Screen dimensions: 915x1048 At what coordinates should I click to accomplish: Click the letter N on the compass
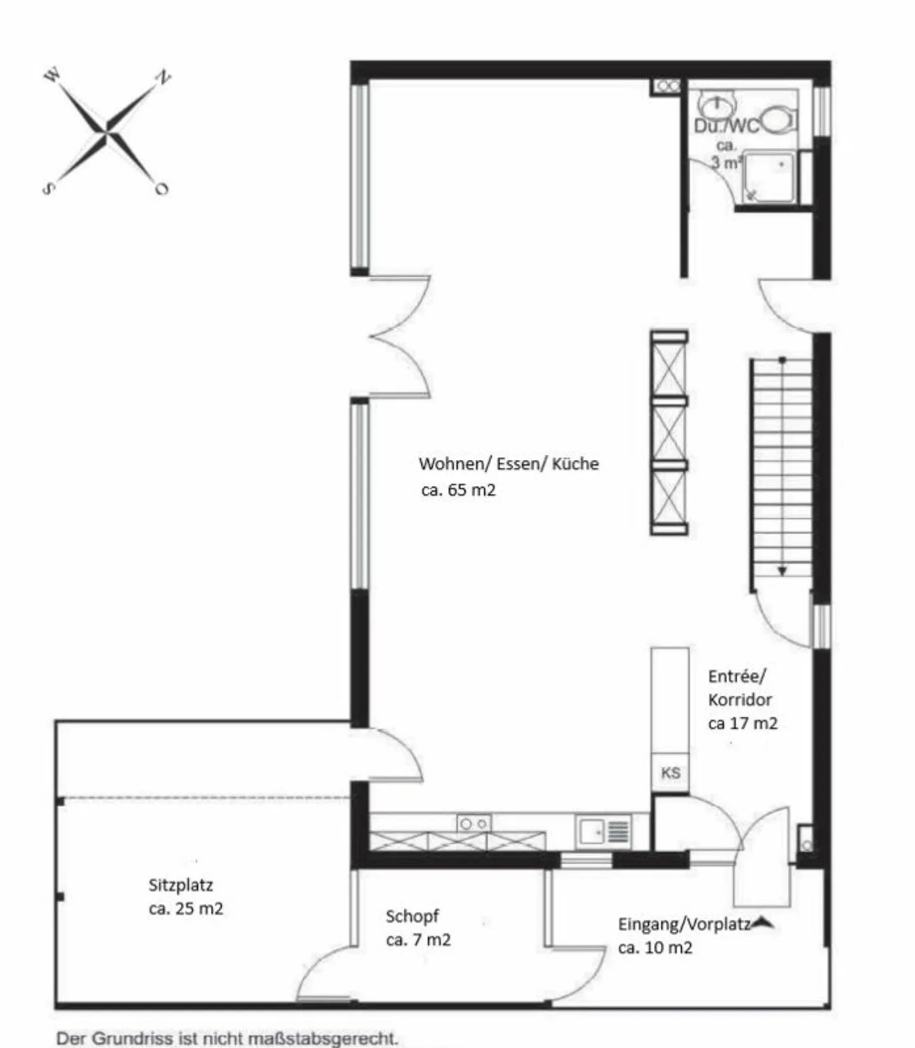point(163,77)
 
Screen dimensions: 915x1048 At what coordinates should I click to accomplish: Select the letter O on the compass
point(161,189)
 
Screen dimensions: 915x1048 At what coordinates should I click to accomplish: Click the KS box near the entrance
point(670,772)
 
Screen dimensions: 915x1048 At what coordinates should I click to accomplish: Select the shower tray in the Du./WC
point(769,177)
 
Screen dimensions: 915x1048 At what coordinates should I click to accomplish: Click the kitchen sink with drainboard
point(603,831)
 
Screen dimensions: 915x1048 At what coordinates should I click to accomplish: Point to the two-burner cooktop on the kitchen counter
point(474,824)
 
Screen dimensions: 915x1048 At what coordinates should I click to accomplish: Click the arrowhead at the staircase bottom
point(782,571)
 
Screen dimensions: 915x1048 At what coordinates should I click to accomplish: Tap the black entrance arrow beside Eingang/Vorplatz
point(762,923)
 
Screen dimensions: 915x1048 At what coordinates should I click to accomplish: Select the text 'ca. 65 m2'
point(458,490)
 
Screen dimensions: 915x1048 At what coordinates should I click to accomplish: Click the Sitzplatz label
point(180,885)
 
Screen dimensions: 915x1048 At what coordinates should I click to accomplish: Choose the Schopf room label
point(412,917)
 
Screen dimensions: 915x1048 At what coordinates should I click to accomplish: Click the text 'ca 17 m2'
point(743,723)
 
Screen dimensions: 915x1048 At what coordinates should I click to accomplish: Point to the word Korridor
point(740,699)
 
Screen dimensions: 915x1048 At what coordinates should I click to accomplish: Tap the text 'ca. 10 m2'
point(655,948)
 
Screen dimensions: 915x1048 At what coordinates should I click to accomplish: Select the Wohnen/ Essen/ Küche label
point(509,464)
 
